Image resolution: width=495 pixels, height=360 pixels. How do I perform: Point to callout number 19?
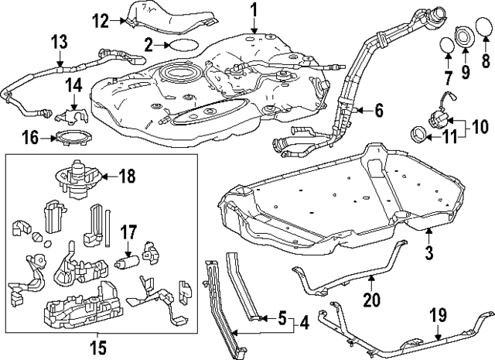438,315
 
